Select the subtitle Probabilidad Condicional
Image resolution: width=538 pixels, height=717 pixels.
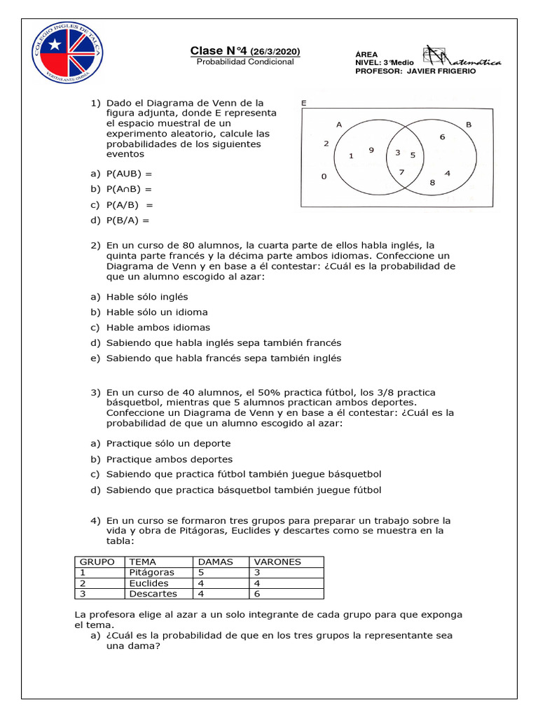coord(245,62)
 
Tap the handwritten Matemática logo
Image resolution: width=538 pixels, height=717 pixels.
coord(462,59)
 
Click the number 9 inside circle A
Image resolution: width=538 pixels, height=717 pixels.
coord(371,149)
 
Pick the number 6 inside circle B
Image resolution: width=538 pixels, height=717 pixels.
coord(442,137)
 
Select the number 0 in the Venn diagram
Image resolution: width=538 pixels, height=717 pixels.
coord(324,176)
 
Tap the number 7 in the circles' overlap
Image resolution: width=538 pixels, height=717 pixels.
coord(401,172)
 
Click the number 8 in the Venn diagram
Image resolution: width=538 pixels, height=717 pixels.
coord(432,183)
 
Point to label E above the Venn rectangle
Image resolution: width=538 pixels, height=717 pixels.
coord(303,102)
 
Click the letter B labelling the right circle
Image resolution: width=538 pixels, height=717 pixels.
coord(469,124)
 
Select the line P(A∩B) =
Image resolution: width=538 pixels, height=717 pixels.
coord(129,189)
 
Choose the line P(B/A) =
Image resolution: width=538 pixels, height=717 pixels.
coord(128,220)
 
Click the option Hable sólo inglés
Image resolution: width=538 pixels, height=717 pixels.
coord(147,297)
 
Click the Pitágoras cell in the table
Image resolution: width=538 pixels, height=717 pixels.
coord(151,572)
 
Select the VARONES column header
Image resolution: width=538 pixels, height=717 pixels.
coord(277,562)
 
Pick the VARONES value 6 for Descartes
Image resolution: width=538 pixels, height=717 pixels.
coord(256,594)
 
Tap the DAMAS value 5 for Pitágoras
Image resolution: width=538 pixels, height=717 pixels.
coord(202,572)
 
